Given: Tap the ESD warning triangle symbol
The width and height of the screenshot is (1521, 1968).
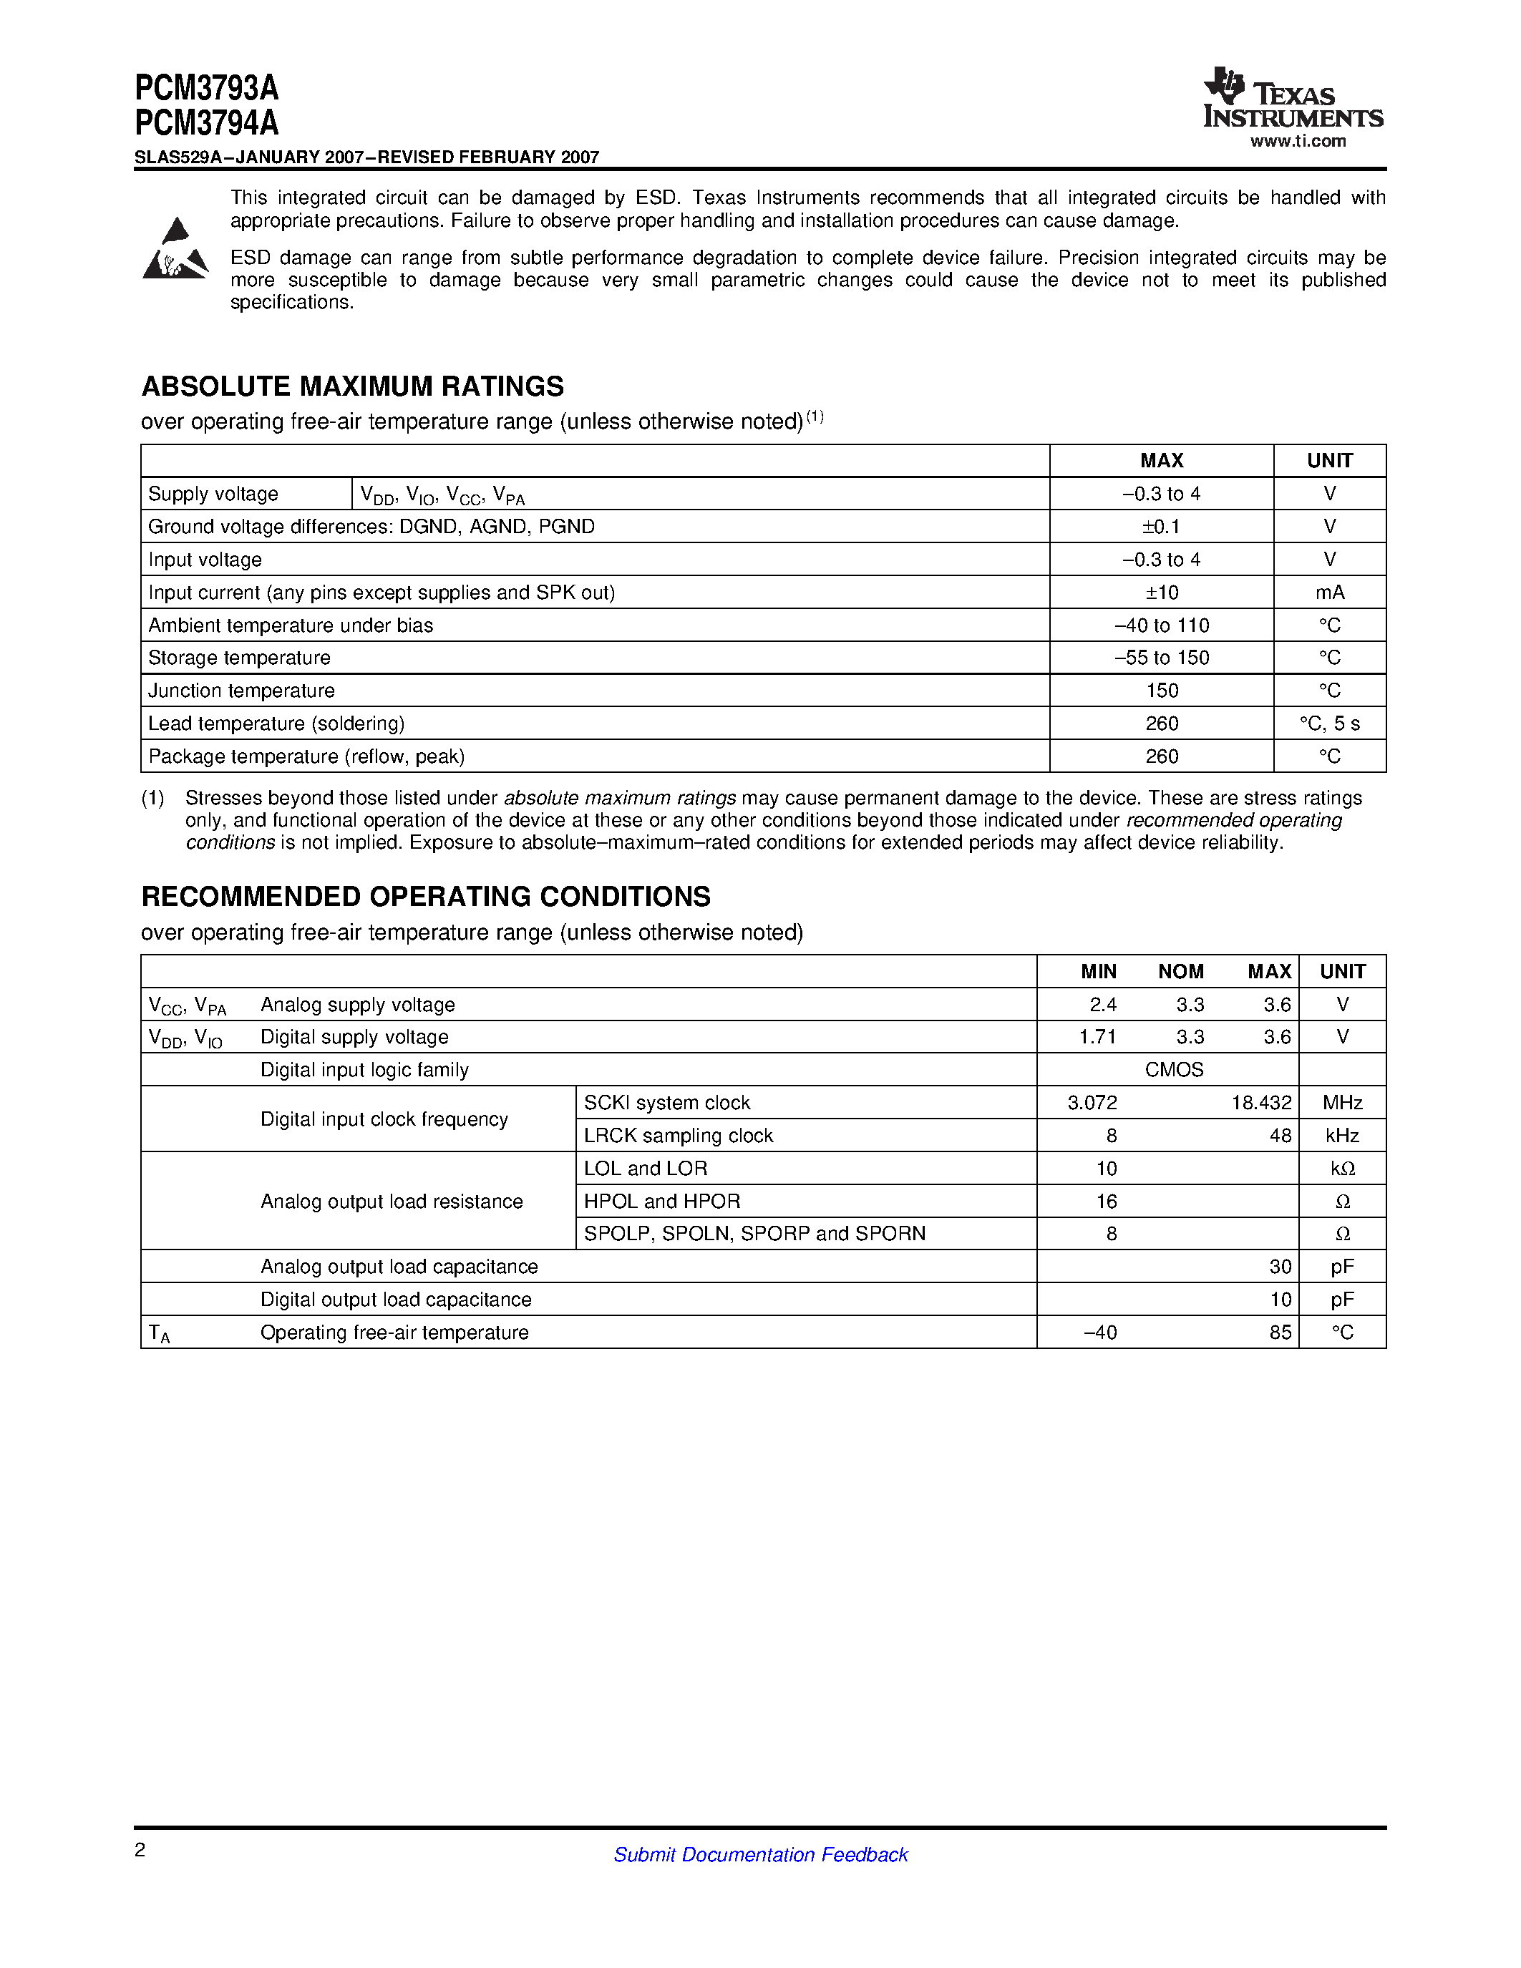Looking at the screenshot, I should pyautogui.click(x=175, y=250).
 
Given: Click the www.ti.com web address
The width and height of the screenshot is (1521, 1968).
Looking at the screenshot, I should pyautogui.click(x=1298, y=142).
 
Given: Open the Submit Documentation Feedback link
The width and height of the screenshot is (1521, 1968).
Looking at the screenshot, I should pyautogui.click(x=759, y=1854).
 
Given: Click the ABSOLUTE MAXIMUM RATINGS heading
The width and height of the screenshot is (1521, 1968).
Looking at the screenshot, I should pyautogui.click(x=352, y=386).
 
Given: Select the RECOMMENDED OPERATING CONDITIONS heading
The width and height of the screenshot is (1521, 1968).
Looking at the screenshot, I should pyautogui.click(x=425, y=897).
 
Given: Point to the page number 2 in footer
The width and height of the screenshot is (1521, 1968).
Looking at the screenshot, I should pyautogui.click(x=140, y=1850).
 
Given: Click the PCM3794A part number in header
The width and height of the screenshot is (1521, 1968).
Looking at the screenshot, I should pyautogui.click(x=206, y=122).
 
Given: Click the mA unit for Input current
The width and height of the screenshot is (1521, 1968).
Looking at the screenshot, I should pyautogui.click(x=1329, y=592).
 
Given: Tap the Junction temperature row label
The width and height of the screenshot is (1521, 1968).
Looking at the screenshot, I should pyautogui.click(x=240, y=691).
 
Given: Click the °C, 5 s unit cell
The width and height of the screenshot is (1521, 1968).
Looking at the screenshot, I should pyautogui.click(x=1329, y=724).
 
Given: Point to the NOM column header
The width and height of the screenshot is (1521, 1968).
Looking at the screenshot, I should pyautogui.click(x=1180, y=971).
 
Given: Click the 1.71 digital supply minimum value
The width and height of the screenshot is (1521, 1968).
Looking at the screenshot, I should pyautogui.click(x=1097, y=1037).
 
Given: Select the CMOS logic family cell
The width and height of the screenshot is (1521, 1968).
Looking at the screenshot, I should pyautogui.click(x=1173, y=1070).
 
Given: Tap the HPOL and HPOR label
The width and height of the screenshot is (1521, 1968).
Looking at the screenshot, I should pyautogui.click(x=661, y=1201).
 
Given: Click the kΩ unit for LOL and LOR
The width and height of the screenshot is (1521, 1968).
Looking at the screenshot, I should pyautogui.click(x=1341, y=1169).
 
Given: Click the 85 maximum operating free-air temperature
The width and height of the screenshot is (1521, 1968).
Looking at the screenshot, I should pyautogui.click(x=1280, y=1332).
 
